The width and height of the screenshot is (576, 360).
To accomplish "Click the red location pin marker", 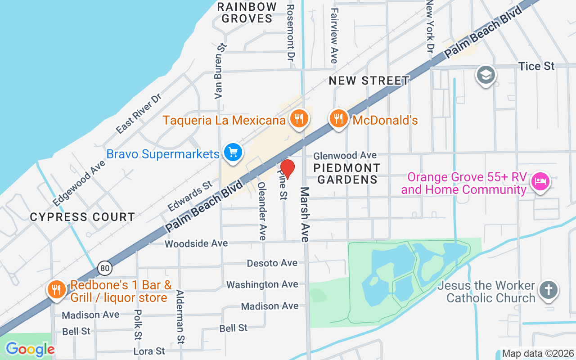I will click(288, 169).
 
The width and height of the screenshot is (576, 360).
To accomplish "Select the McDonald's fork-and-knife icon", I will click(338, 119).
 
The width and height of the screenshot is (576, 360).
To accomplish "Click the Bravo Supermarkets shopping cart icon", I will click(233, 153).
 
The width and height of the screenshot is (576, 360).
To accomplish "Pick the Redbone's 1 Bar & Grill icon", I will click(56, 289).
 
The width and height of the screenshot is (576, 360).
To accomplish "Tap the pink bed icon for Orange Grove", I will click(540, 182).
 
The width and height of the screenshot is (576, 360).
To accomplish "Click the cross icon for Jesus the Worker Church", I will click(548, 289).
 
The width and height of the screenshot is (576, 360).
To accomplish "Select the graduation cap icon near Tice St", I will click(486, 75).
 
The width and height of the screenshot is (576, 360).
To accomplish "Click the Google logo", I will click(30, 349).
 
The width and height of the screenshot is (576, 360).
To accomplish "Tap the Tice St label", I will click(536, 66).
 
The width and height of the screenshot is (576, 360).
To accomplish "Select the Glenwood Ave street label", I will click(345, 155).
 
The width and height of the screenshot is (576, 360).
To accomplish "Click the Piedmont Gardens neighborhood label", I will click(347, 174).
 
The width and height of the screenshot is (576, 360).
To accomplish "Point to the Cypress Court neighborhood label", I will click(82, 217).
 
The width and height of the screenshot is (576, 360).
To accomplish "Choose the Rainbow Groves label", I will click(247, 13).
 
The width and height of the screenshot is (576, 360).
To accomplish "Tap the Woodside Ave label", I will click(196, 243).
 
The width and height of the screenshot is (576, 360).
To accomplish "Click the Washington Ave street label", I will click(262, 284).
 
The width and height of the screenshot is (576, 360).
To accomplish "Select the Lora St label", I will click(149, 351).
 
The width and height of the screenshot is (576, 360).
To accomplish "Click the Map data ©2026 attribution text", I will click(538, 353).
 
